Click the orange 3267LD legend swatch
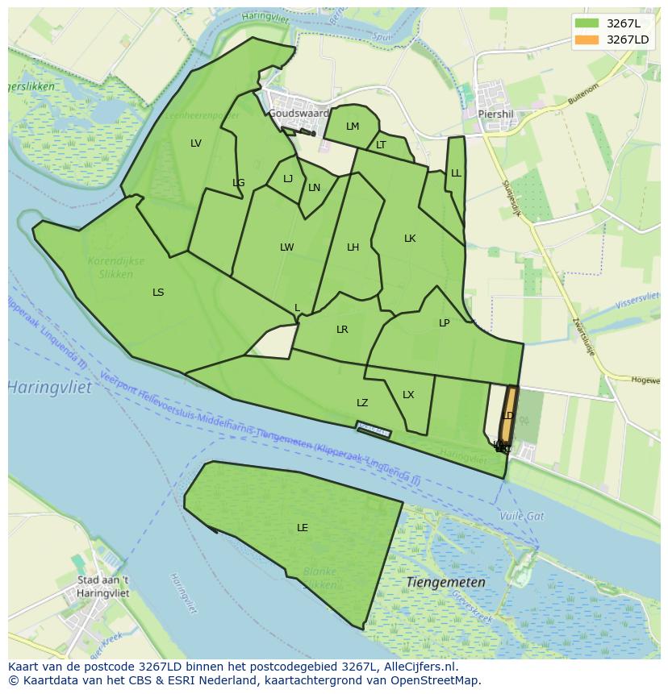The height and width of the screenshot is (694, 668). [x=587, y=39]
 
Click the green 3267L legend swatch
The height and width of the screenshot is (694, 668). [x=587, y=23]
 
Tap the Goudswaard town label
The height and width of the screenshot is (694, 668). [x=299, y=114]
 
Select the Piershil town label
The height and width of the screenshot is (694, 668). [x=495, y=114]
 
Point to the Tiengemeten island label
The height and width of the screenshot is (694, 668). [x=445, y=581]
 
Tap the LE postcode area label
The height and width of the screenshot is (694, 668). [x=303, y=528]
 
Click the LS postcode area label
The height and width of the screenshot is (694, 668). [x=158, y=292]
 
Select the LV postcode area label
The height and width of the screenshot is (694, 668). [x=196, y=143]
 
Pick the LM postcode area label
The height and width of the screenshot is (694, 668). [x=353, y=127]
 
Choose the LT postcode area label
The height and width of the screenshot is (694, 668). [x=381, y=145]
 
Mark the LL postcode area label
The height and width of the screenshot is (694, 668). [x=456, y=173]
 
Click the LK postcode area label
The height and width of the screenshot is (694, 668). [x=410, y=239]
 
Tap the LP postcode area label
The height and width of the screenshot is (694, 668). [x=444, y=322]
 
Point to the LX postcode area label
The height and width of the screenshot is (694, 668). [x=408, y=394]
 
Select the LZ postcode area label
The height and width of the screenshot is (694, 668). [x=362, y=402]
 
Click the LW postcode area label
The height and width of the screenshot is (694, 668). [x=286, y=247]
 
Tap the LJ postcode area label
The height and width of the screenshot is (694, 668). [x=288, y=179]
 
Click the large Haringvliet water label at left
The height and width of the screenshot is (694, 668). [x=50, y=388]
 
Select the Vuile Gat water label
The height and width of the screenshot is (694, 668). [x=522, y=515]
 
